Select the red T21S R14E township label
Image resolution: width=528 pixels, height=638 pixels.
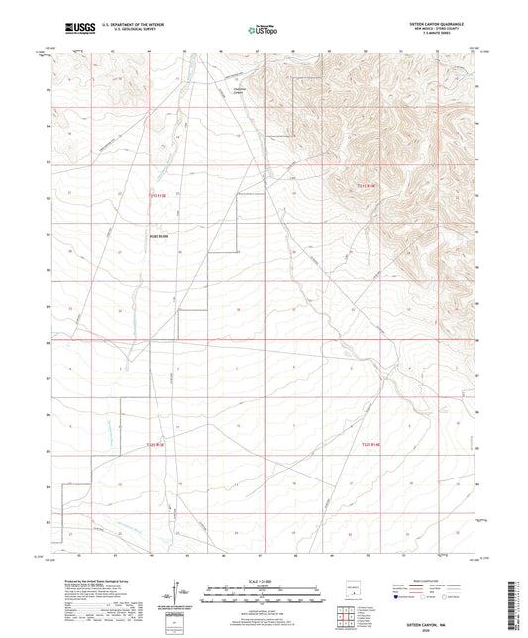pos(368,184)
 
